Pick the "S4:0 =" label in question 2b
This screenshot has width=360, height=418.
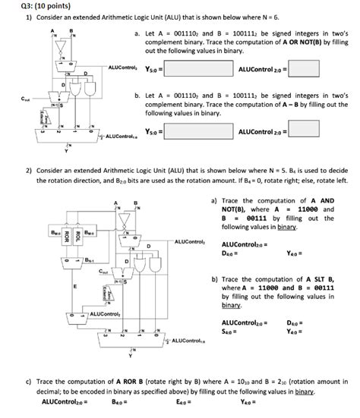(232, 331)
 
